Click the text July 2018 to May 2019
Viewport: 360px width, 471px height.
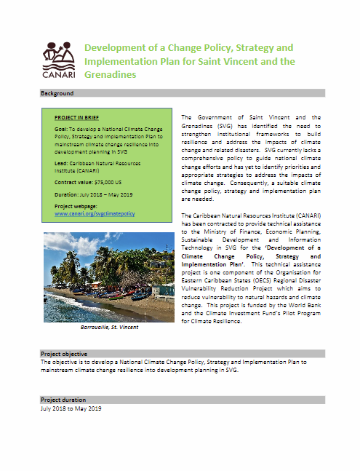[71, 408]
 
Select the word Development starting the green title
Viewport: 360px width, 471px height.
[116, 48]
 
